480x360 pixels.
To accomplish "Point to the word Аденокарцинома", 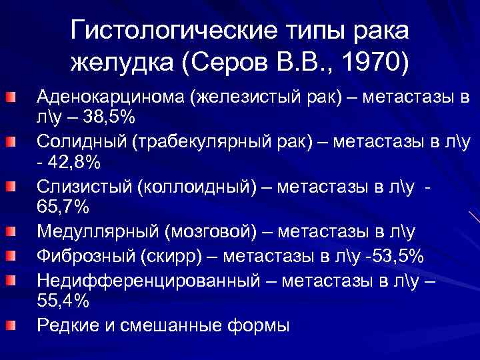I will pyautogui.click(x=110, y=99).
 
